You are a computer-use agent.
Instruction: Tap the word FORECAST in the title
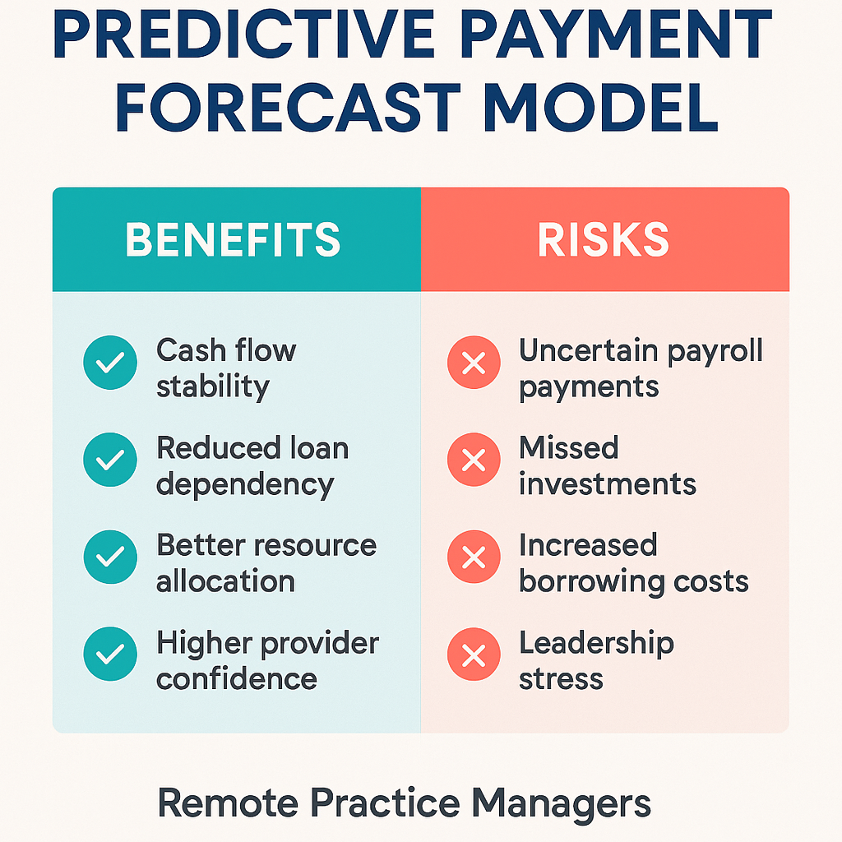(288, 108)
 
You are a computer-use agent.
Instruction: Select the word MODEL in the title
(601, 108)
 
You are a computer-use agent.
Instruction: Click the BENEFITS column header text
(233, 239)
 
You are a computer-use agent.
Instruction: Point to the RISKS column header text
(603, 239)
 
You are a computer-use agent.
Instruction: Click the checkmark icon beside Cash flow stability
(110, 363)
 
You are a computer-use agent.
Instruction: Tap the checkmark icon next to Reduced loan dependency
(110, 460)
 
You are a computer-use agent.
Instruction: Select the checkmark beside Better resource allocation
(110, 557)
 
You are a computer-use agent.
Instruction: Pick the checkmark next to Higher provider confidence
(110, 654)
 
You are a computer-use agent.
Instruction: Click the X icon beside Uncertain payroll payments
(474, 363)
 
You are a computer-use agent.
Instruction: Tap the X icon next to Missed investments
(474, 460)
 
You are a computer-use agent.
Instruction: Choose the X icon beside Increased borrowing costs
(474, 557)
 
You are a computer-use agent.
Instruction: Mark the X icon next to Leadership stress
(474, 654)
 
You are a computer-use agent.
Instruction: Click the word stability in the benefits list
(213, 387)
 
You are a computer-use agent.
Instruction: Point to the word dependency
(245, 485)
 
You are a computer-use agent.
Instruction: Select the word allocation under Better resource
(225, 581)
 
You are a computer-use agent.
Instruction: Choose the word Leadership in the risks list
(596, 644)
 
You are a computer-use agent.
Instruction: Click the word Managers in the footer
(561, 804)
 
